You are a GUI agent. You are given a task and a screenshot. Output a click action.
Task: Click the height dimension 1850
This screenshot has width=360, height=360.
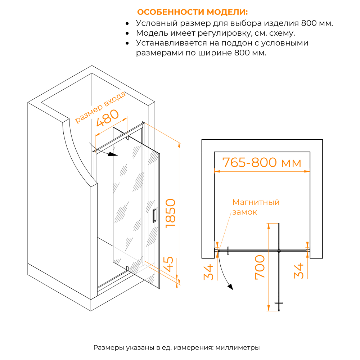(169, 212)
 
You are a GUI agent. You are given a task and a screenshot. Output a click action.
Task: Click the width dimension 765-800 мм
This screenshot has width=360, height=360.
(262, 162)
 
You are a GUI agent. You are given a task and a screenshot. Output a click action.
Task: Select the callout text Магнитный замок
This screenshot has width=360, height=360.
(256, 207)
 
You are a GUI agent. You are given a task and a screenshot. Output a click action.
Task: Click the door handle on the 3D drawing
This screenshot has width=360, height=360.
(155, 215)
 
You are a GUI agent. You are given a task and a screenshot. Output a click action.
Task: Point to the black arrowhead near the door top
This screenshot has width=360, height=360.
(113, 155)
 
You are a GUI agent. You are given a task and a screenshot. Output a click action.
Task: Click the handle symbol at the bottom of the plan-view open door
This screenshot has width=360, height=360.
(279, 303)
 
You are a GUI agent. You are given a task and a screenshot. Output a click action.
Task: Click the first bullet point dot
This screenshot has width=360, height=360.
(127, 23)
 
